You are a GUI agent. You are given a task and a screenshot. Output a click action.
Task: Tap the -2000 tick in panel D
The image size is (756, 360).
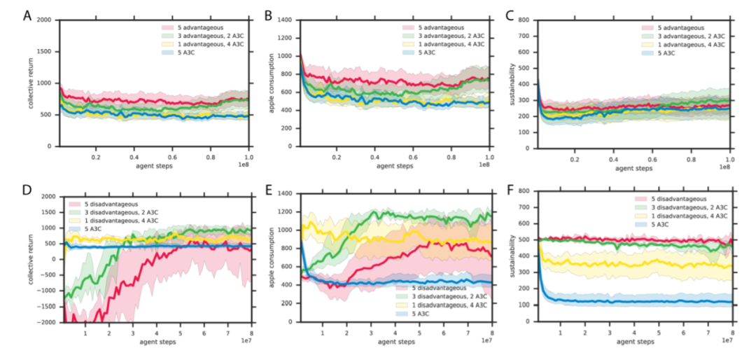point(45,322)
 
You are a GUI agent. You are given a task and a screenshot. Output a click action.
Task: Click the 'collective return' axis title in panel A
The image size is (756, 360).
point(31,83)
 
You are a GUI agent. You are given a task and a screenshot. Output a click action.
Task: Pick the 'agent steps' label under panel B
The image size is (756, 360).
point(395,167)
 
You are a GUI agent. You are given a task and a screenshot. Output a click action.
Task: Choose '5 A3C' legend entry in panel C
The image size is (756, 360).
point(657,52)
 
